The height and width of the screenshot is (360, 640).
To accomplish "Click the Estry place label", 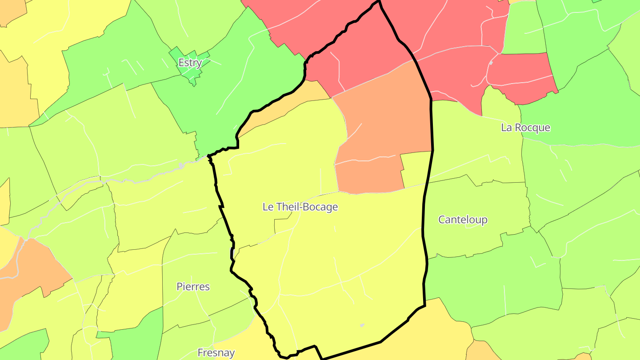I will point(190,63).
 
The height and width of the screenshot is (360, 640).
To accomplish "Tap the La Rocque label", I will point(525,128).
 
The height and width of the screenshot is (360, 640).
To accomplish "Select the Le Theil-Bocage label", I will point(300,207).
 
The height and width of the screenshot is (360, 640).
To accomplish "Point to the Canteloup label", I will point(463,220).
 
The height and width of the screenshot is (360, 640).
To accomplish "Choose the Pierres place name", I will point(193,287).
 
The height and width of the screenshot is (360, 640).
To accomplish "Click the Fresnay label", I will point(216,353).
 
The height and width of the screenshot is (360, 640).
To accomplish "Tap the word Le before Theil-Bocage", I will point(268,207).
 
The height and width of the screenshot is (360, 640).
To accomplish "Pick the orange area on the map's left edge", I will point(27,271).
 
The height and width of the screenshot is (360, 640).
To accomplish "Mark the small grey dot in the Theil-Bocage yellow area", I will point(362,325).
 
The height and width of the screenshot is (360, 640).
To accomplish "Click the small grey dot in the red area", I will point(491,63).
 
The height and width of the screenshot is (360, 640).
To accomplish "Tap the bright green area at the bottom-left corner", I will point(22,347).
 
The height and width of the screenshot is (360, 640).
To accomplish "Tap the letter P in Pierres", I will point(180,287).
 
